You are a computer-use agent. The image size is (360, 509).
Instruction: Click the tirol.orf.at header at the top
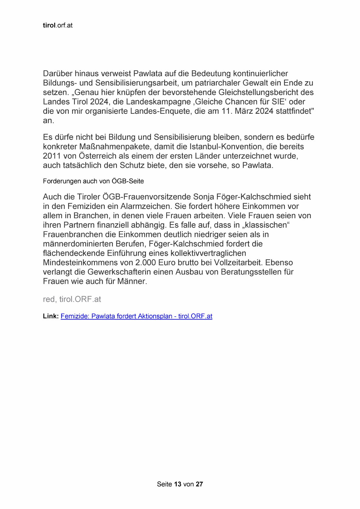57,26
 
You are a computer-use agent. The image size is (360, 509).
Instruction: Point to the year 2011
52,156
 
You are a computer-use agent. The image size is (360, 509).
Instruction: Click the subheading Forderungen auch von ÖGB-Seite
93,181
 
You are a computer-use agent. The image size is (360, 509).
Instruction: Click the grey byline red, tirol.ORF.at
72,299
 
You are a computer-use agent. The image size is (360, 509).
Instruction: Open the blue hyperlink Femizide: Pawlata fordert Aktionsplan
136,316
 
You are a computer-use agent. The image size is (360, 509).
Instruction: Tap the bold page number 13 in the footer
178,484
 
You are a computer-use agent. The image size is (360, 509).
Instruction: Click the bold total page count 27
199,484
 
